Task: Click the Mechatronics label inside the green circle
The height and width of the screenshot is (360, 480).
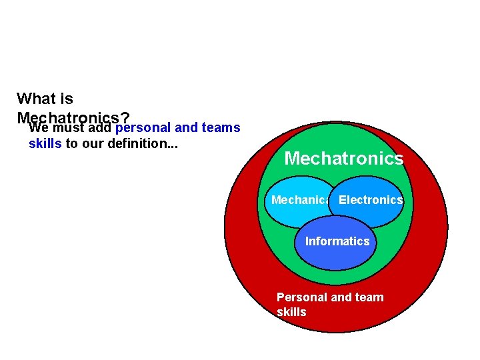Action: coord(343,159)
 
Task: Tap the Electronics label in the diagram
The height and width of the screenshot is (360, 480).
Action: coord(371,200)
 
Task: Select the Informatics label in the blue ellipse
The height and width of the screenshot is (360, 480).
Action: coord(337,241)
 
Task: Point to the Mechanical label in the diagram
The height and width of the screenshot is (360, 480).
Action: coord(300,200)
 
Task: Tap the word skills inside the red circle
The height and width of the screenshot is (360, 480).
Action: coord(291,312)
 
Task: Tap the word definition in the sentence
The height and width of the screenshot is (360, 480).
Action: coord(145,143)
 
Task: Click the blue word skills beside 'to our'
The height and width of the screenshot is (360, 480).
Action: coord(45,143)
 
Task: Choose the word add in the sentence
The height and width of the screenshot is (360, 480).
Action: coord(99,127)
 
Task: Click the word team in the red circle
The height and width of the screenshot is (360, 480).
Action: coord(369,297)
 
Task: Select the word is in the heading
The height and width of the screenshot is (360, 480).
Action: coord(66,99)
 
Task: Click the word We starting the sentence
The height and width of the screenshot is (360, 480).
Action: coord(38,127)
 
